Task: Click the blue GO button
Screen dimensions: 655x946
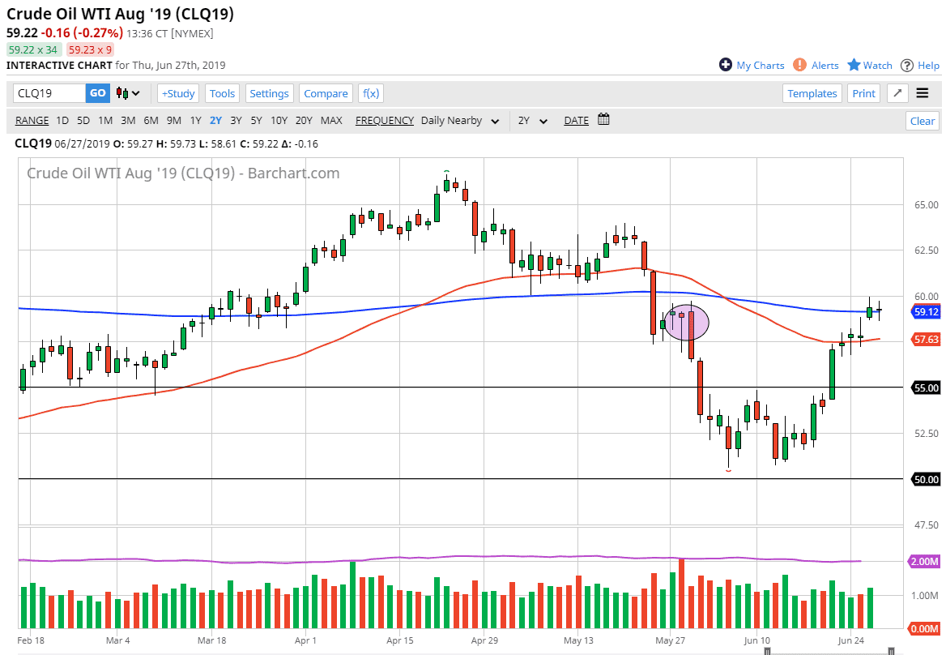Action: coord(97,93)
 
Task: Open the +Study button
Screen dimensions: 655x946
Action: coord(178,93)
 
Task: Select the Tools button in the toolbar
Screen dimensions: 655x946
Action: coord(222,93)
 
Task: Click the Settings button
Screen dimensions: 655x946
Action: coord(269,93)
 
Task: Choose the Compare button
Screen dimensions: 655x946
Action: coord(326,93)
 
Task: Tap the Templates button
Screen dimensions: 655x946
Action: coord(812,93)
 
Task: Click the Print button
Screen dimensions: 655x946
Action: coord(863,93)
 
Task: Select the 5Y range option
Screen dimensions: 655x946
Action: coord(256,121)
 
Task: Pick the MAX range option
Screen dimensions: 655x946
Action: coord(331,121)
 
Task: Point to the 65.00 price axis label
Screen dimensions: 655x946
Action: coord(926,205)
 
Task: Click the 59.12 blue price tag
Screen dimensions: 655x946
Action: coord(926,311)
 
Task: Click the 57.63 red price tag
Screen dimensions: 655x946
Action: coord(926,340)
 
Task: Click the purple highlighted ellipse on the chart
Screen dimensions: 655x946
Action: coord(687,322)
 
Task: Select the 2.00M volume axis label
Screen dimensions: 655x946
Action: coord(925,562)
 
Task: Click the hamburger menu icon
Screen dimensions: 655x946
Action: coord(922,93)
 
